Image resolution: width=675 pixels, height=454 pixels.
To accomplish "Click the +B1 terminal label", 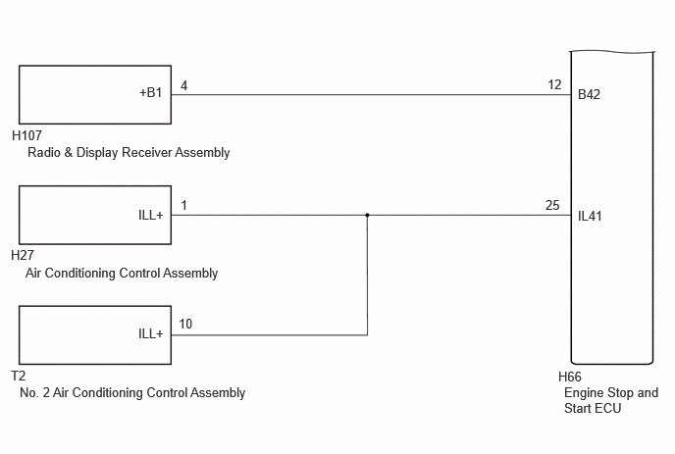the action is click(151, 92).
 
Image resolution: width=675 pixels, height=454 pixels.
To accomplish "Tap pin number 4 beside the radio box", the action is click(183, 85).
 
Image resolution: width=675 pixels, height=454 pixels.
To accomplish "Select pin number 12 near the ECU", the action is click(554, 84).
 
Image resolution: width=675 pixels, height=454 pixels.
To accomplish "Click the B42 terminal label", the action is click(589, 94).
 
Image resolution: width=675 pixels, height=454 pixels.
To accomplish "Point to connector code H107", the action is click(26, 135).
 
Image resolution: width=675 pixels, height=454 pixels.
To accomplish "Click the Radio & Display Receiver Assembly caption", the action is click(129, 152).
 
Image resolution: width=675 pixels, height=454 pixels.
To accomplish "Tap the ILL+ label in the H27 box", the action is click(151, 215).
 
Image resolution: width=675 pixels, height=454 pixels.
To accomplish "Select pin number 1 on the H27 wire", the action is click(183, 205).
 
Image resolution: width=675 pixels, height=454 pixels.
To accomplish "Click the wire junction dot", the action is click(367, 215).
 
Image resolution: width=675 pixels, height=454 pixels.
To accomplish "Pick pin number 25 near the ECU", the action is click(552, 205).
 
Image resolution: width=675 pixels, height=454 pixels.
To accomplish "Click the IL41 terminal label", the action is click(590, 216).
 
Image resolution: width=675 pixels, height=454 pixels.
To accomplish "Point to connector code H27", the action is click(23, 255).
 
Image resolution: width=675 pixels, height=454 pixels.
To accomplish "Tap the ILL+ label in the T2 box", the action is click(151, 333).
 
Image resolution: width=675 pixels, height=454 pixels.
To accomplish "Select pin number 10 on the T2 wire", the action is click(185, 324).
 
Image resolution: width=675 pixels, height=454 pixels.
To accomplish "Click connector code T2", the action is click(19, 376).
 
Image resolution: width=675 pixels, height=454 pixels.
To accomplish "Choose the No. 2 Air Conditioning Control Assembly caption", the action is click(132, 393).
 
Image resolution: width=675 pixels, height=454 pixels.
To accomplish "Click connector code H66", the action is click(569, 377).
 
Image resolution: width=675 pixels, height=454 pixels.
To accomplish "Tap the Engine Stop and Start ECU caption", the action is click(611, 400).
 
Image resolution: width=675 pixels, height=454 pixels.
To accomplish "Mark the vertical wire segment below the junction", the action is click(367, 275).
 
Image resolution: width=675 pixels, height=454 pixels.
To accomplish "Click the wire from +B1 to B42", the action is click(371, 95).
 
